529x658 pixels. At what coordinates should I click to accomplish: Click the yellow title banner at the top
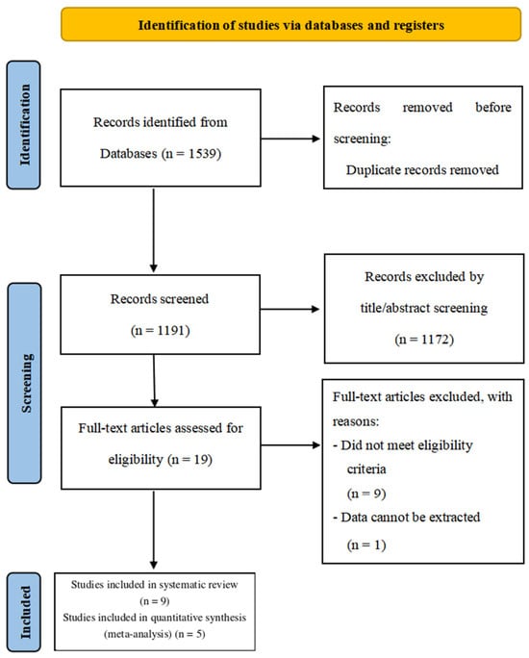point(290,24)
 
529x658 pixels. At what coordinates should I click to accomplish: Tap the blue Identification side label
point(24,125)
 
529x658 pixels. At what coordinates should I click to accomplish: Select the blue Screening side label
point(25,383)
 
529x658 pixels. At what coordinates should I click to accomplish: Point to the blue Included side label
point(24,612)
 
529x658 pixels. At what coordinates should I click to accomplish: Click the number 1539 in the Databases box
point(203,154)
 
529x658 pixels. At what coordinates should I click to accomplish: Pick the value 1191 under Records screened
point(171,331)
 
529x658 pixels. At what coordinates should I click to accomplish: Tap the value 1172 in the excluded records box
point(436,339)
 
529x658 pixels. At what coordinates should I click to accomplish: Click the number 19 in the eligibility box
point(201,459)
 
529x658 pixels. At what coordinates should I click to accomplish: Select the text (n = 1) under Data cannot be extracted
point(366,544)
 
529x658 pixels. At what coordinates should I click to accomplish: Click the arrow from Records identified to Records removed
point(290,139)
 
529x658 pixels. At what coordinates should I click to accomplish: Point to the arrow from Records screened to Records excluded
point(290,309)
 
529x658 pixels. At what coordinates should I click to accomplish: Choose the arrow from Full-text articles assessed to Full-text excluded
point(290,444)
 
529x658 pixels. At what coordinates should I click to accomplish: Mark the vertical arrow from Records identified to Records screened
point(154,230)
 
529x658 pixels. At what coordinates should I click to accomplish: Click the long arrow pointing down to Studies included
point(154,530)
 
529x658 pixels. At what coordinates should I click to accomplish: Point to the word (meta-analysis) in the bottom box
point(138,634)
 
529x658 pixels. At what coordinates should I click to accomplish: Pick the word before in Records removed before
point(493,108)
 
